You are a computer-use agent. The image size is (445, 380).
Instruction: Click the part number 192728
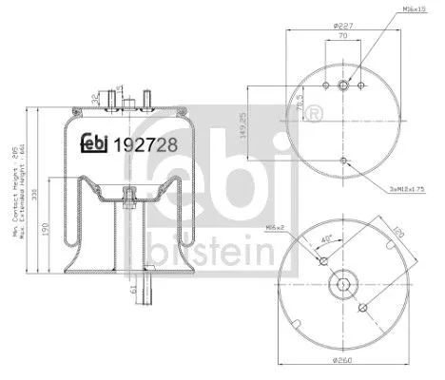click(x=143, y=145)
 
